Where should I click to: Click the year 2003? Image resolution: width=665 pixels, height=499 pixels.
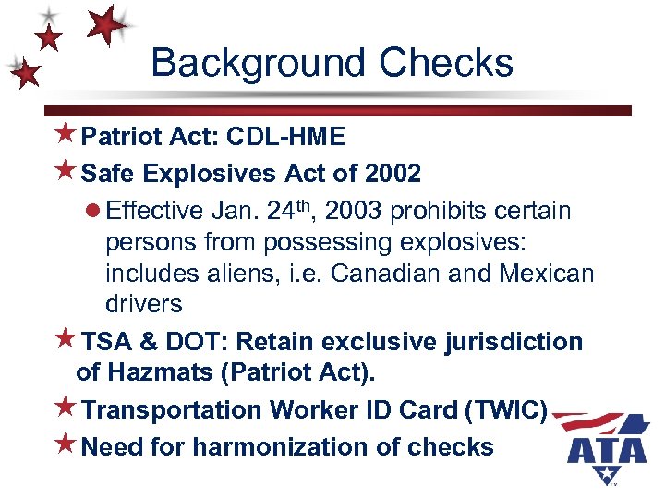point(349,212)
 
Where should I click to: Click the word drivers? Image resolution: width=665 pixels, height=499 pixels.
point(143,304)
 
